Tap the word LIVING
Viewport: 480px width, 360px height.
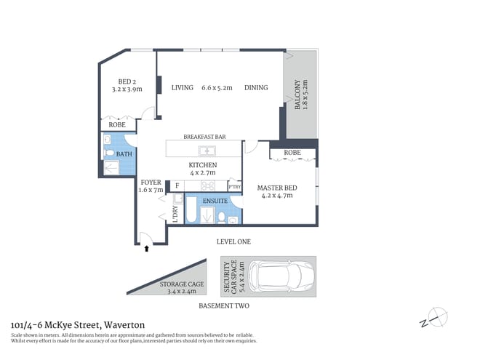pyautogui.click(x=183, y=88)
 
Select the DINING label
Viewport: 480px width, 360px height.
pyautogui.click(x=256, y=88)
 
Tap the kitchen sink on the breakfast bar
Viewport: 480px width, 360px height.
pyautogui.click(x=208, y=151)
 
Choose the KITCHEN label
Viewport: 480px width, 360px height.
pyautogui.click(x=203, y=165)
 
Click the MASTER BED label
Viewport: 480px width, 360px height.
pyautogui.click(x=275, y=188)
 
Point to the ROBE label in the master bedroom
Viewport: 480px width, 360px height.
pyautogui.click(x=292, y=153)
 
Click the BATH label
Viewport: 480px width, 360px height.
pyautogui.click(x=124, y=154)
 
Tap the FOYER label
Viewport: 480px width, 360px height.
pyautogui.click(x=151, y=183)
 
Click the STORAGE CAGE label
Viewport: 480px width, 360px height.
pyautogui.click(x=182, y=284)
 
